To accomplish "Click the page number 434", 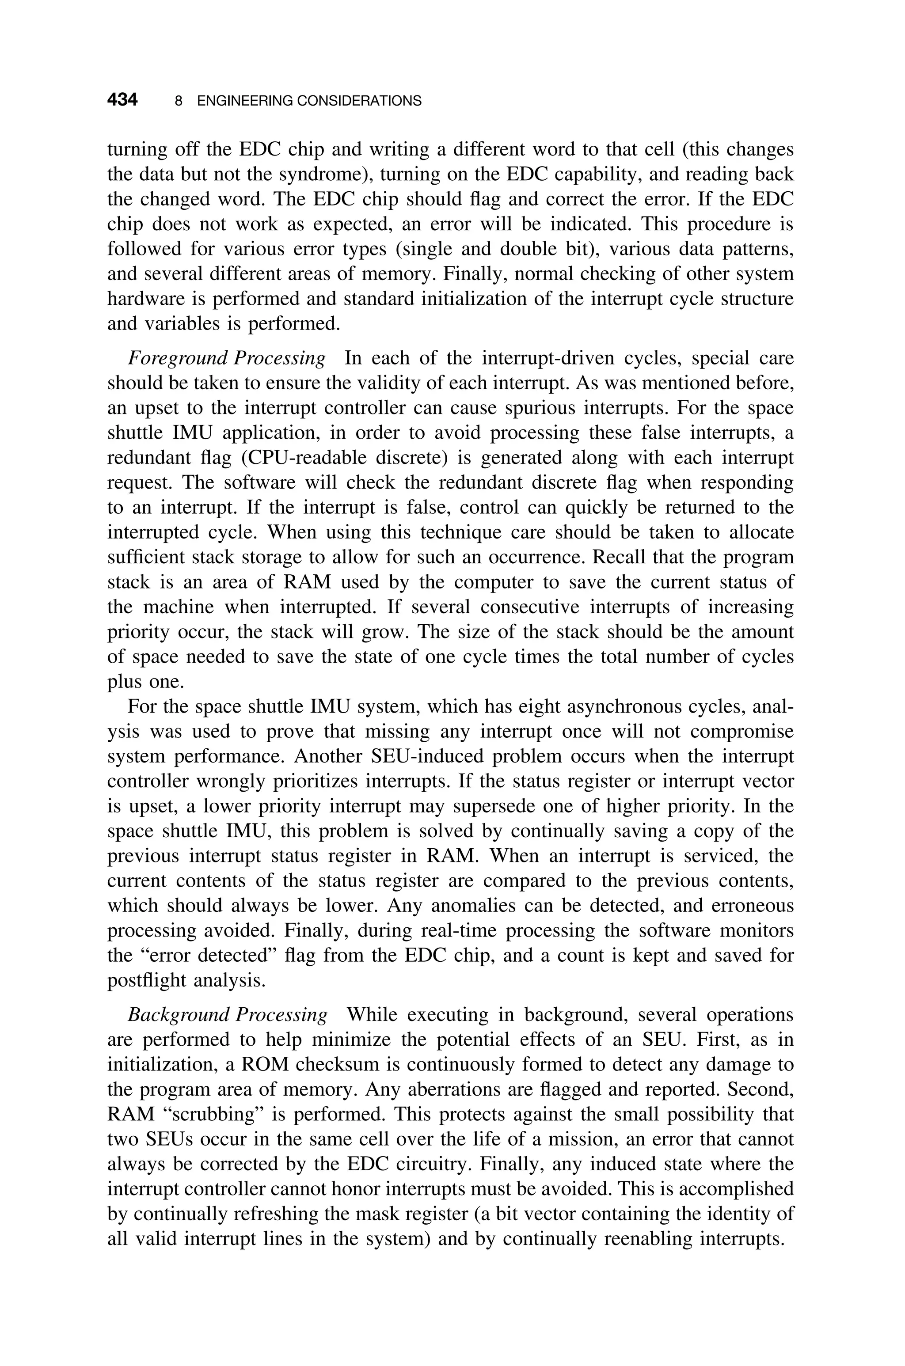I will click(122, 100).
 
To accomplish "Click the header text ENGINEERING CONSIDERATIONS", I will click(309, 101).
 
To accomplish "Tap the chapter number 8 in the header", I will click(179, 101).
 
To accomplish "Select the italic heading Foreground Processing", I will click(226, 358).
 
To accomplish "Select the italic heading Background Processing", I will click(228, 1015).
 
